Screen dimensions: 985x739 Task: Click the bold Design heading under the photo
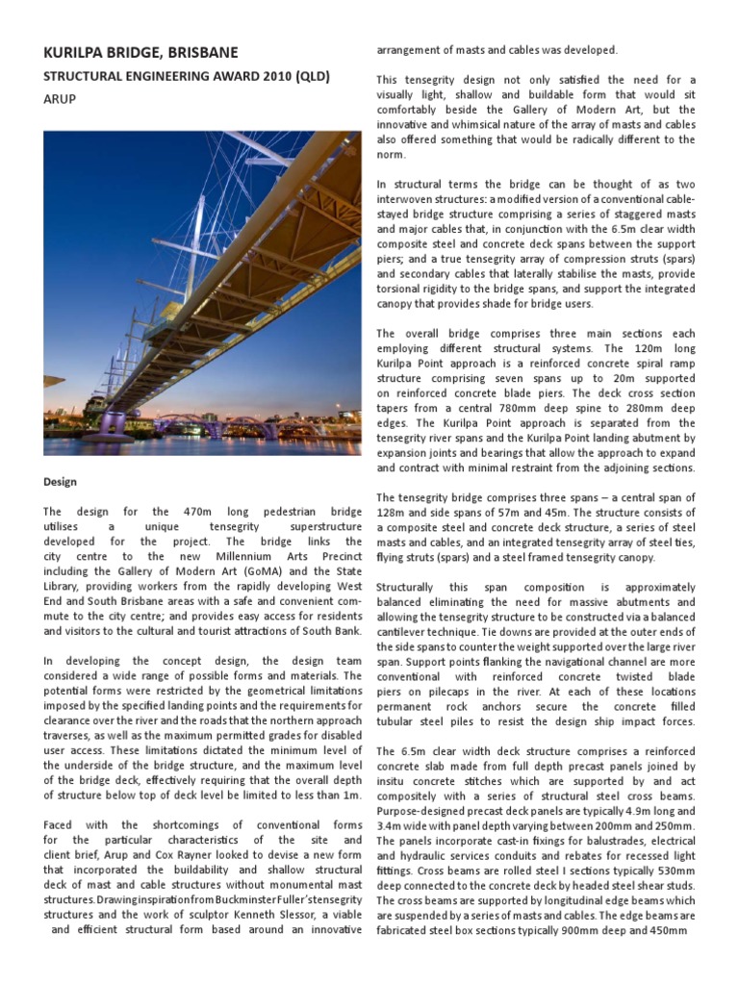point(61,481)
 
